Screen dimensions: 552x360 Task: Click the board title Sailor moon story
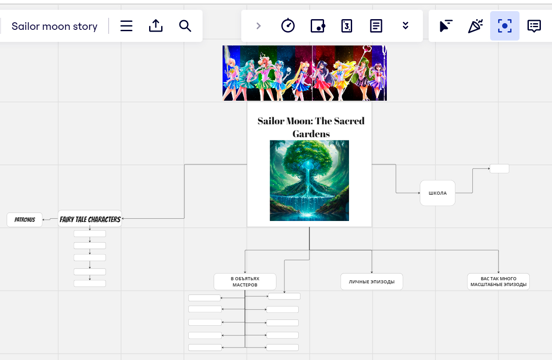tap(54, 26)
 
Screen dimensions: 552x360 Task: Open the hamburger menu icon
tap(126, 26)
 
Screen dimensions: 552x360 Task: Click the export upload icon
tap(156, 26)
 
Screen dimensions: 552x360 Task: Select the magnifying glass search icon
tap(185, 26)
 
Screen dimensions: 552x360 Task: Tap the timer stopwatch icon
tap(288, 25)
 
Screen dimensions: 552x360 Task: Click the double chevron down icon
tap(406, 25)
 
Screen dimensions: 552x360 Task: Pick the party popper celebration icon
tap(475, 26)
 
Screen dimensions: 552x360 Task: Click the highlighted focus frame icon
tap(505, 26)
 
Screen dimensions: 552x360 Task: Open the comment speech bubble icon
tap(534, 26)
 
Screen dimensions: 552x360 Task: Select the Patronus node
tap(24, 220)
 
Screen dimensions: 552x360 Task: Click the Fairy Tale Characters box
tap(90, 219)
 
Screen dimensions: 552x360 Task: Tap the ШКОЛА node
tap(438, 193)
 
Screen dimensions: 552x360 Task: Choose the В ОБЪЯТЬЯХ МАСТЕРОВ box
tap(245, 282)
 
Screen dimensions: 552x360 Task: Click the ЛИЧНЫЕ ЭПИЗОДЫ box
tap(372, 282)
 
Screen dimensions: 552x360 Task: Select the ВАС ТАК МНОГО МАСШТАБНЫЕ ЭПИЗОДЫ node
tap(498, 282)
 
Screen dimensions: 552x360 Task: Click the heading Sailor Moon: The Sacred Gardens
tap(311, 127)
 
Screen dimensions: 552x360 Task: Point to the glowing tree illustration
tap(309, 180)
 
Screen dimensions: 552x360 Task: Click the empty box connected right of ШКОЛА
tap(499, 169)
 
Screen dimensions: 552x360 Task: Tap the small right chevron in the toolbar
tap(259, 26)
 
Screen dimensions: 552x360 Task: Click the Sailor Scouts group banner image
tap(304, 73)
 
